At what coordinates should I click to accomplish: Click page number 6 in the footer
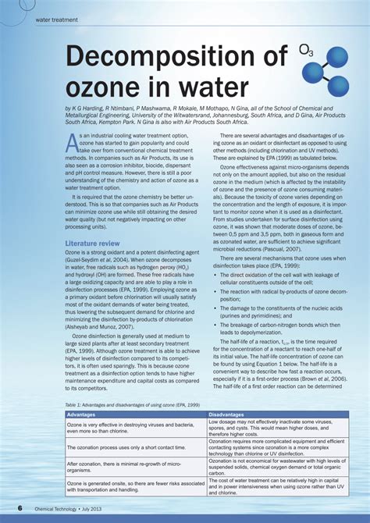click(20, 507)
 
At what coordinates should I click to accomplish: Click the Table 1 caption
click(121, 406)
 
